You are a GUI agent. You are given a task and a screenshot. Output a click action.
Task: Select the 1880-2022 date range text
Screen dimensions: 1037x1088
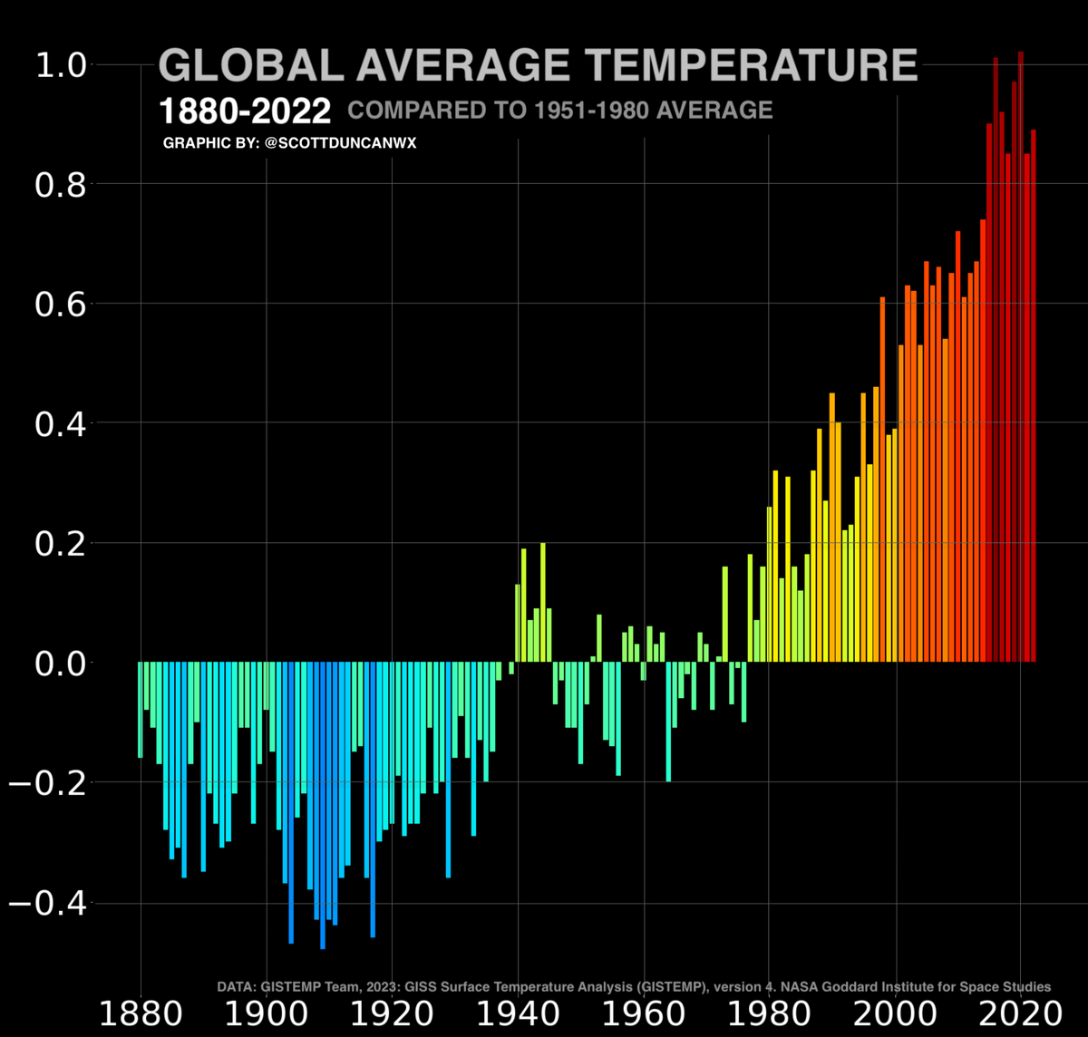tap(245, 112)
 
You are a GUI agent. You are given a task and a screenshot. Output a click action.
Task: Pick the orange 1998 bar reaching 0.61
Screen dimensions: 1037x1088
tap(882, 480)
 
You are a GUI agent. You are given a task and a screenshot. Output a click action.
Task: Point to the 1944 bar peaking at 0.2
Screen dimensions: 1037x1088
tap(543, 603)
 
